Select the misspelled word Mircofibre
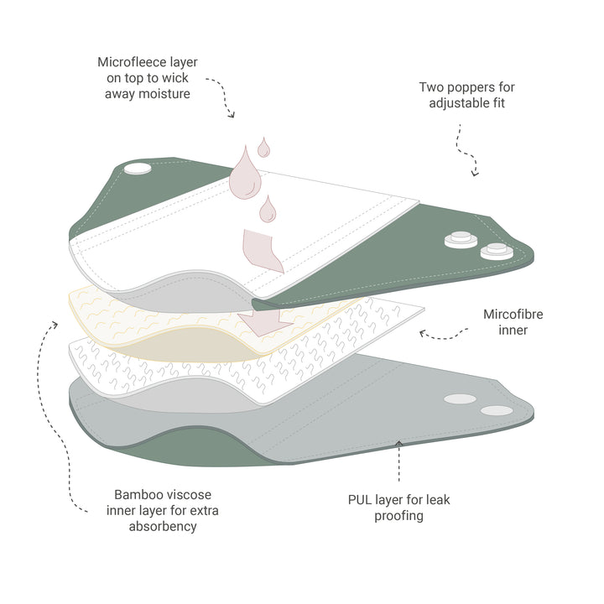[513, 315]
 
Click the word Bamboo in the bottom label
[137, 495]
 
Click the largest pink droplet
[245, 174]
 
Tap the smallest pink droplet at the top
[264, 148]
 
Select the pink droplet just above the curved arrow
[268, 209]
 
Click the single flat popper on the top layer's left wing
[138, 169]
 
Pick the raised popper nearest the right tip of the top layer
[497, 251]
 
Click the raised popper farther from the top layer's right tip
[461, 239]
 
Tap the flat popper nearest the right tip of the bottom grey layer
[497, 410]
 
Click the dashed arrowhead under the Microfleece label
[232, 114]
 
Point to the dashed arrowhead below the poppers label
[476, 173]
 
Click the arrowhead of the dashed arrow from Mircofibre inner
[423, 333]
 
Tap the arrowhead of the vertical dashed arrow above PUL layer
[399, 444]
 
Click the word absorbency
[163, 527]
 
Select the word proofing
[399, 516]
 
